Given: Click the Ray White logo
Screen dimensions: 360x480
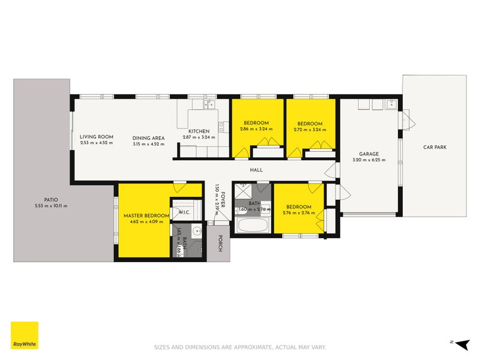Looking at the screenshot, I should coord(24,335).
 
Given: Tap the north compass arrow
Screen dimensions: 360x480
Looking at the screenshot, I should coord(461,344).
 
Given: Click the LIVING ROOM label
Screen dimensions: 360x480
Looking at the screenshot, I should coord(97,137).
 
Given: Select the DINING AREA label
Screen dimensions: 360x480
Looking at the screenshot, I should coord(148,138).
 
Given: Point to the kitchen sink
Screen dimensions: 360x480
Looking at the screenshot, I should coord(209,105).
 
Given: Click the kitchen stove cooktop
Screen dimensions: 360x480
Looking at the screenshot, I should coord(222,127).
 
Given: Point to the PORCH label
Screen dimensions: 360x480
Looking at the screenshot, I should coord(220,242).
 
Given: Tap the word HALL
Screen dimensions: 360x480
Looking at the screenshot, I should coord(257,170).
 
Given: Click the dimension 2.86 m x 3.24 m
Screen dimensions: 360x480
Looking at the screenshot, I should coord(256,129).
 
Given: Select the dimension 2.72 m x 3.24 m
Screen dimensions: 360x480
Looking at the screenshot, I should coord(310,129).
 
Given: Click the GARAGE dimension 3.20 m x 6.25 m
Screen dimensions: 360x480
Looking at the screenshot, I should coord(368,160).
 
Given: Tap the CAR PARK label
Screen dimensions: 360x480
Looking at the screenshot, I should coord(434,147).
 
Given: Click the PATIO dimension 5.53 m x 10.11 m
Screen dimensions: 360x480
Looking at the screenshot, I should coord(50,206).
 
